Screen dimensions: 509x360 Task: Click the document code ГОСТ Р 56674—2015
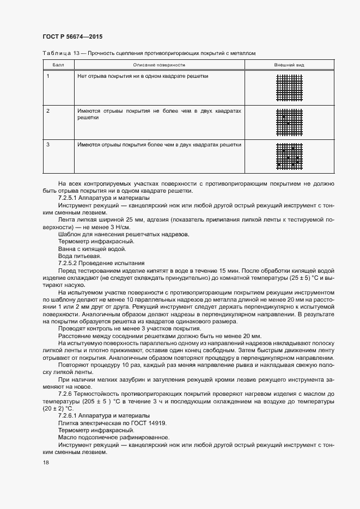72,36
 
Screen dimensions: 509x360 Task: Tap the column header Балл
58,65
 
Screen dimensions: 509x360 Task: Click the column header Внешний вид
289,65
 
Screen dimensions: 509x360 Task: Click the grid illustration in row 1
289,88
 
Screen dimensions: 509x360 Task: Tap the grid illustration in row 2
289,123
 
